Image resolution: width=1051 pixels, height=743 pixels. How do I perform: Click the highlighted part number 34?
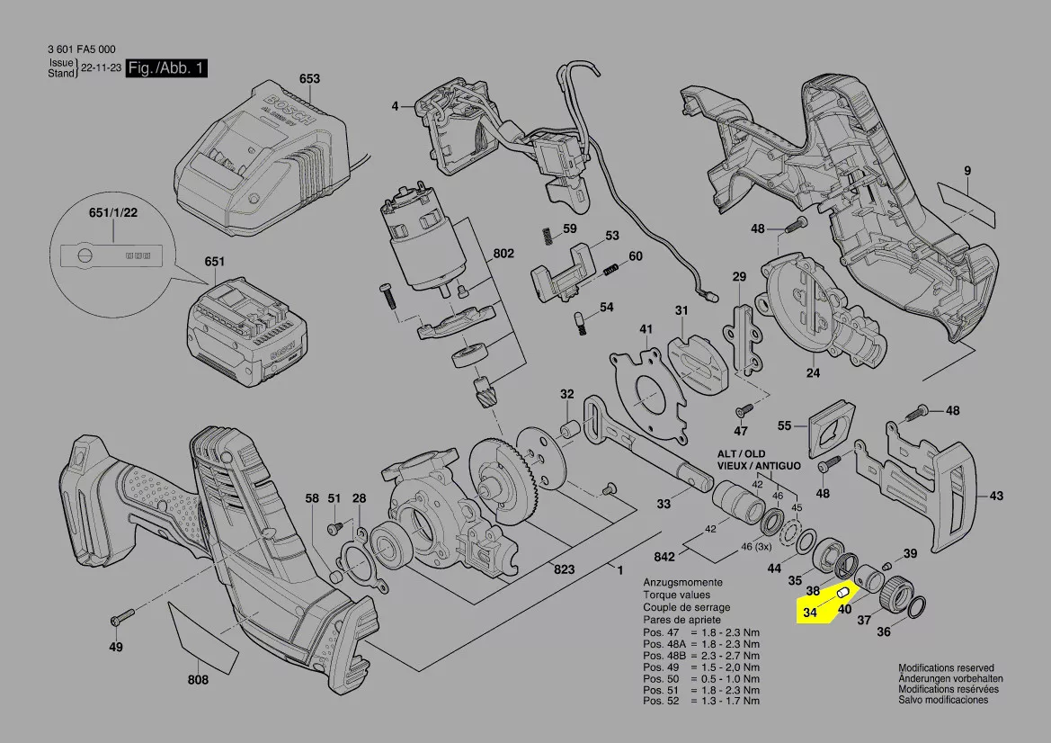point(810,613)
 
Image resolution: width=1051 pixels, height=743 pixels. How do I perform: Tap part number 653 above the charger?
point(308,79)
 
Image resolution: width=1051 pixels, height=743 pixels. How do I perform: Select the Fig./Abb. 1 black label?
point(168,68)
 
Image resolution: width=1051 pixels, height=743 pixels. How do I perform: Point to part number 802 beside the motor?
point(503,254)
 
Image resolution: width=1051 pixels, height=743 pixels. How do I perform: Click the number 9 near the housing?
point(967,170)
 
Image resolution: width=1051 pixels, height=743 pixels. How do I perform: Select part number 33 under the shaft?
point(664,504)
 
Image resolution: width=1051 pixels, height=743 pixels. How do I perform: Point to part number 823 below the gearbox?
point(564,568)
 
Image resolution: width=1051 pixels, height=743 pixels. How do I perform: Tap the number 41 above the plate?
point(646,328)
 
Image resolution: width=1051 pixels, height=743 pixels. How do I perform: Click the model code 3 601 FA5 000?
point(80,49)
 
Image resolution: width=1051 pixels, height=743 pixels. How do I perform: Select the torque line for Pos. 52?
point(701,701)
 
